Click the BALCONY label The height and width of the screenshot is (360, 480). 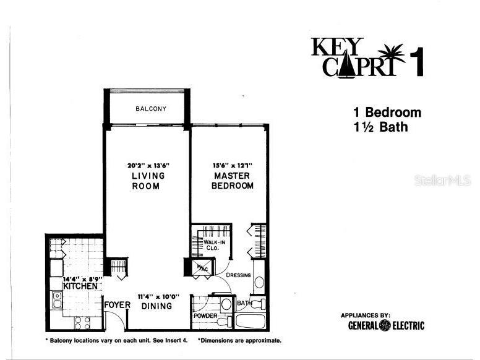pyautogui.click(x=151, y=109)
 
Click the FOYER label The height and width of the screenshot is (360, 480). pyautogui.click(x=116, y=305)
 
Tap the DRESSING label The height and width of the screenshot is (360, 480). pyautogui.click(x=239, y=275)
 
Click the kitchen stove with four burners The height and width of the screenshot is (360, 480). pyautogui.click(x=82, y=322)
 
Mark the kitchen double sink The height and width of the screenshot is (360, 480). pyautogui.click(x=57, y=300)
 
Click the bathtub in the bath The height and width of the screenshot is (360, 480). pyautogui.click(x=251, y=322)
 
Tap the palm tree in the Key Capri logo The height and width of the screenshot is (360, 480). pyautogui.click(x=392, y=54)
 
